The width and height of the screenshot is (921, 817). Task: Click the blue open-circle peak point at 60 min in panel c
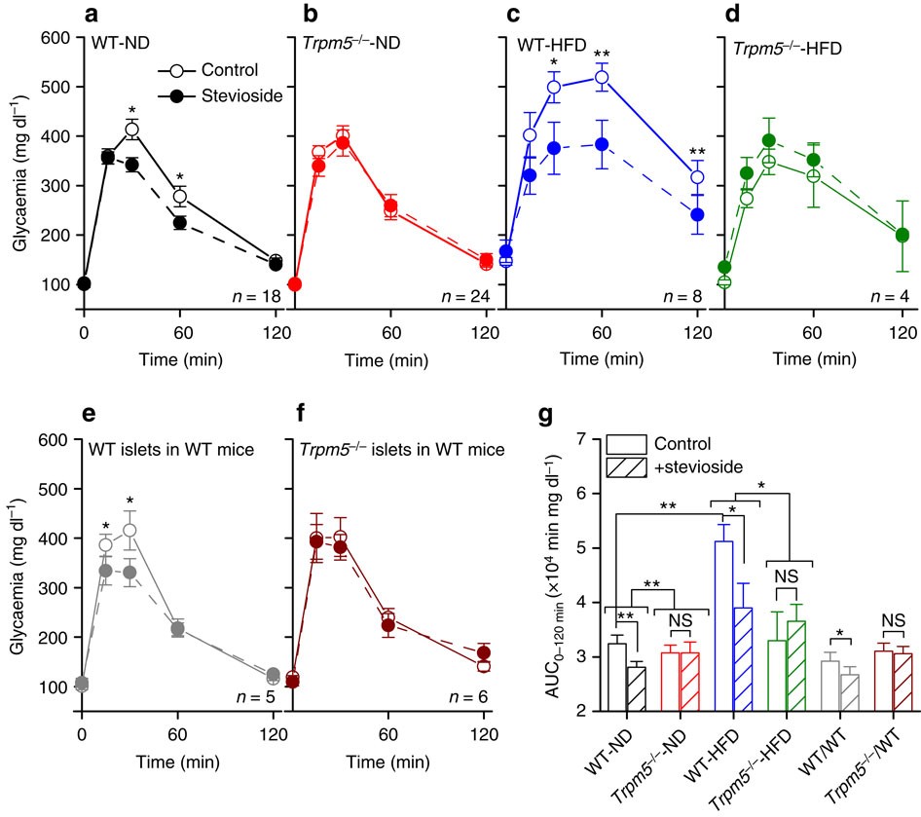point(602,77)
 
